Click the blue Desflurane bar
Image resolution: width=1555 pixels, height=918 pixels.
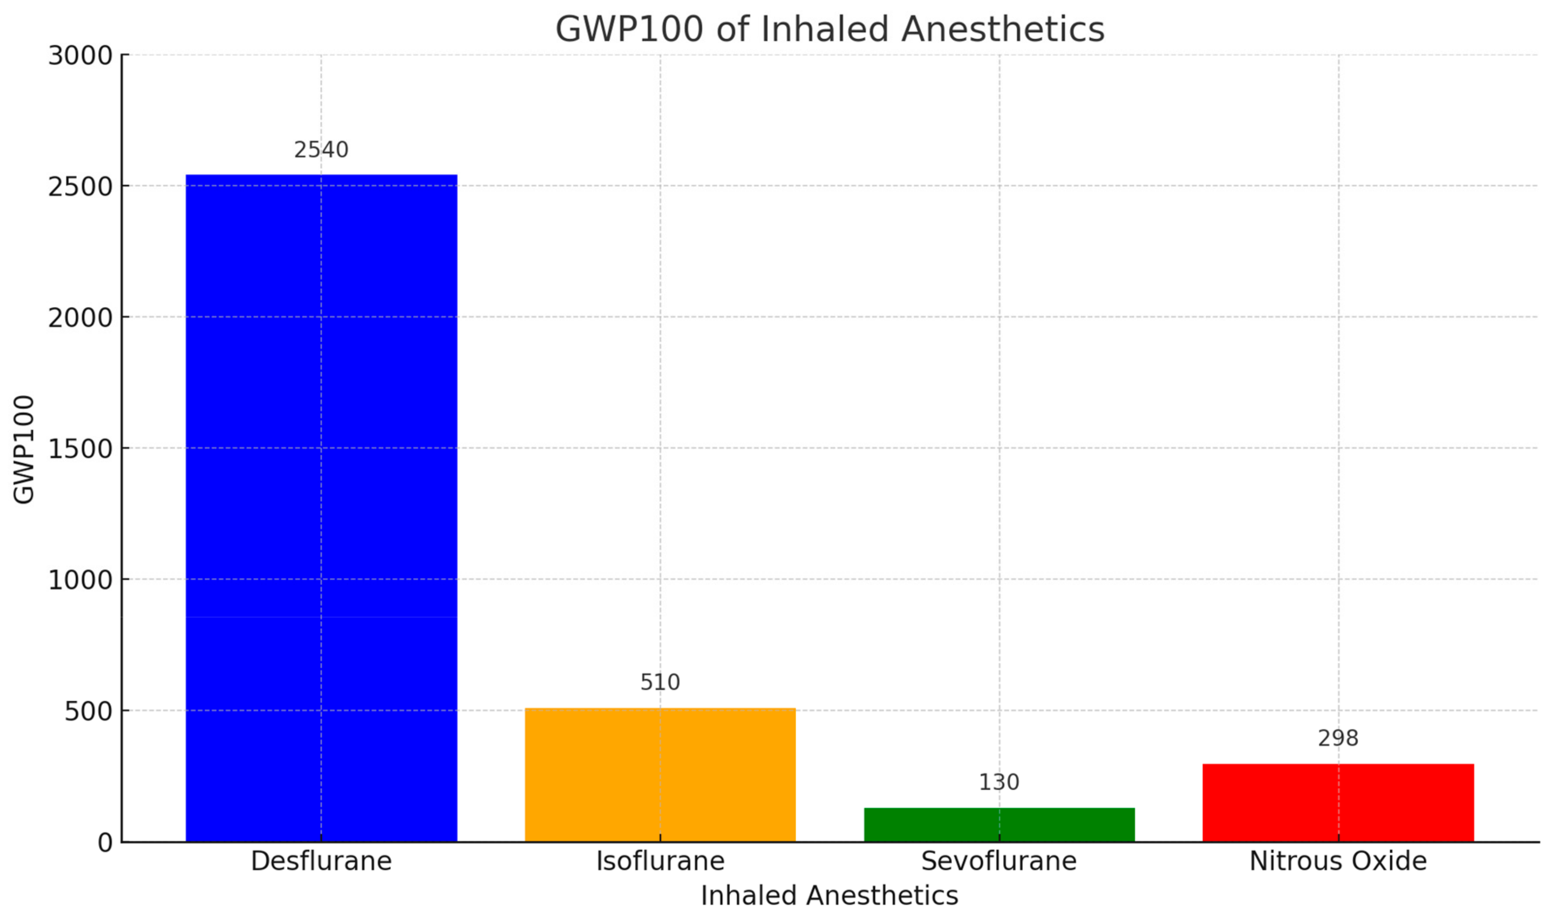[x=321, y=507]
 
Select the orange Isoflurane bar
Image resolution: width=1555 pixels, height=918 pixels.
[x=660, y=774]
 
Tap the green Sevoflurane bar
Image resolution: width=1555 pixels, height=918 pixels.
[x=999, y=824]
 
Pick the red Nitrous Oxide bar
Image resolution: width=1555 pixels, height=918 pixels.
[x=1338, y=802]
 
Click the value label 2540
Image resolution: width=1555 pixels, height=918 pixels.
[x=321, y=150]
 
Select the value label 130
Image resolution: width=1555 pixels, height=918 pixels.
[x=999, y=782]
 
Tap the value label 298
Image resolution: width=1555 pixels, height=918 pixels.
[x=1338, y=738]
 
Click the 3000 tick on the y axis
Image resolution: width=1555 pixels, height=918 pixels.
[x=80, y=56]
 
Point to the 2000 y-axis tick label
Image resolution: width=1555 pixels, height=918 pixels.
[x=80, y=318]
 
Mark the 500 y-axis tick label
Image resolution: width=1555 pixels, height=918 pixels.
[x=88, y=711]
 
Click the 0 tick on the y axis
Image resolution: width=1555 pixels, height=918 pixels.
[x=105, y=843]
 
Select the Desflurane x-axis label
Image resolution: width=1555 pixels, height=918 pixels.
[x=321, y=861]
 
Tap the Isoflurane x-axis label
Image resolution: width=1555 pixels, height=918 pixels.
[x=660, y=861]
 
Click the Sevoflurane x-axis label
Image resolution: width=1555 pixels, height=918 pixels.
[x=999, y=861]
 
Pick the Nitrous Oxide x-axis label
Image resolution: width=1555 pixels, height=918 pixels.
[x=1338, y=861]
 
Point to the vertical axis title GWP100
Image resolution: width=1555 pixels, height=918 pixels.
[x=24, y=450]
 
